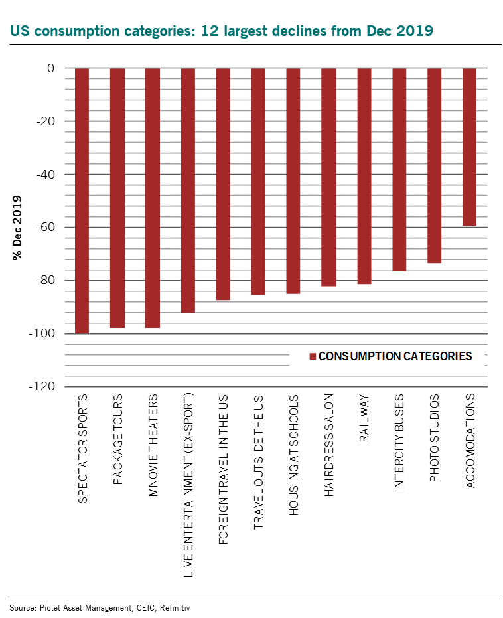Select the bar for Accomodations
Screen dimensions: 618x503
click(x=469, y=147)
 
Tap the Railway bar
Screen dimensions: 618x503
click(x=364, y=176)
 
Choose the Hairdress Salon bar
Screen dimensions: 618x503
click(x=328, y=177)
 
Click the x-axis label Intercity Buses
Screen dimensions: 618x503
click(x=399, y=443)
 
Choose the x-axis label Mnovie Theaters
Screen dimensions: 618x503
click(x=153, y=445)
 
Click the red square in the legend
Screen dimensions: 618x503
click(x=313, y=357)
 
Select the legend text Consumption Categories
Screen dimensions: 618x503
click(x=395, y=356)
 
